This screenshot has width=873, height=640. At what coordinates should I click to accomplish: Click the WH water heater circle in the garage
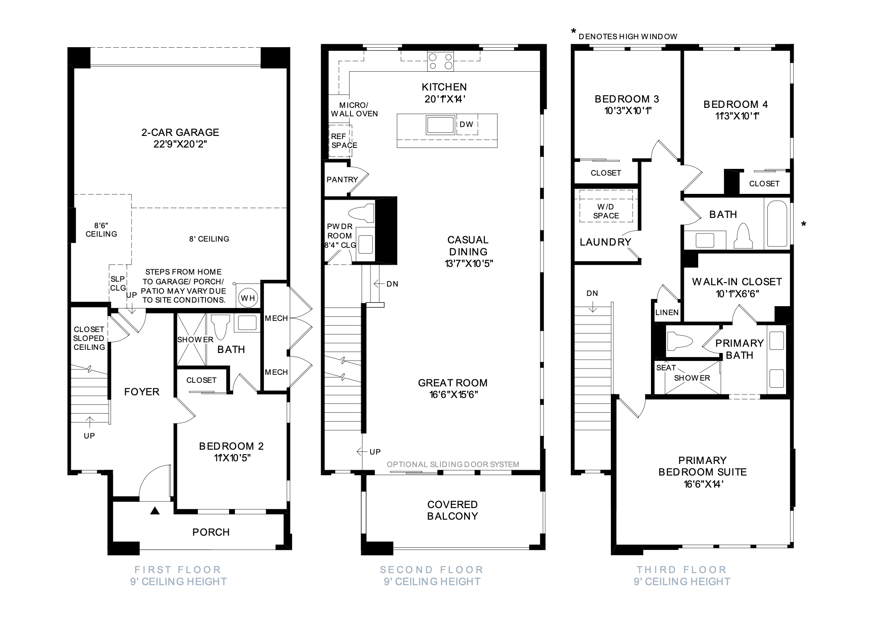[x=248, y=297]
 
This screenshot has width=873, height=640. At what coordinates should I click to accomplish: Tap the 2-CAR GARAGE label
[x=180, y=132]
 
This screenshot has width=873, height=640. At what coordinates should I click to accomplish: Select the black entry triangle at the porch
[x=155, y=511]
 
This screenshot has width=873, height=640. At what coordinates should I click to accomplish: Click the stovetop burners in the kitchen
[x=440, y=62]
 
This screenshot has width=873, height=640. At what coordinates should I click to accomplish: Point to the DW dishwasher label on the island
[x=466, y=124]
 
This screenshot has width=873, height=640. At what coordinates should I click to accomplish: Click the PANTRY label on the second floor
[x=342, y=180]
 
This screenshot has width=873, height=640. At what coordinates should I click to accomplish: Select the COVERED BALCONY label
[x=453, y=510]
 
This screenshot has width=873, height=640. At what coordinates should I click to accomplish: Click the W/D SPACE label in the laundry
[x=606, y=211]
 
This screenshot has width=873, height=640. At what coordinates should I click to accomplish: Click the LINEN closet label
[x=667, y=312]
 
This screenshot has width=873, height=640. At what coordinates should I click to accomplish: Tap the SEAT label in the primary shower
[x=666, y=368]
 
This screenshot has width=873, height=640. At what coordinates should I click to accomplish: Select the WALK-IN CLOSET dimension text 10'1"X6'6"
[x=737, y=294]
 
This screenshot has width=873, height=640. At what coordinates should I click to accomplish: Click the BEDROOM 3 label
[x=627, y=99]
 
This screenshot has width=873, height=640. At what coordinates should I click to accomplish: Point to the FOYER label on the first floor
[x=142, y=392]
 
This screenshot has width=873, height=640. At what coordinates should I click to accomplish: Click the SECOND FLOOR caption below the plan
[x=432, y=570]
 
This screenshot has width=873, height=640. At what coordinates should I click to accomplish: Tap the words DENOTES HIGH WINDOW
[x=628, y=37]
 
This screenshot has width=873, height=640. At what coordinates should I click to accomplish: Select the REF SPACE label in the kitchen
[x=344, y=141]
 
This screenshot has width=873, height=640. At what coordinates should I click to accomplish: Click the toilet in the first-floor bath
[x=220, y=327]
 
